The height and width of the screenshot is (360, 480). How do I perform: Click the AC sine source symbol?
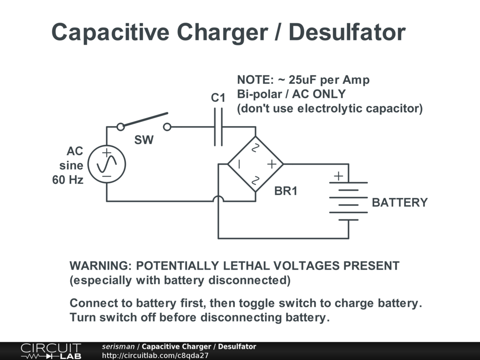point(106,164)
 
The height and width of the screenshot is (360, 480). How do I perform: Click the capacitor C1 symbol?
point(218,127)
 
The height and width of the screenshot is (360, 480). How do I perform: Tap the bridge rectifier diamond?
point(255,164)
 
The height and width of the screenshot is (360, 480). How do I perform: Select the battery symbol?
point(348,201)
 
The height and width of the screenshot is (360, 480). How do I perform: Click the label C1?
point(218,98)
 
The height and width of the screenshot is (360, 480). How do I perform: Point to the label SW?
point(144,140)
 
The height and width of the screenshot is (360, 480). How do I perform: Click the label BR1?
point(285,192)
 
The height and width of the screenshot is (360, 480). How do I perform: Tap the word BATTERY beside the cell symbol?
point(399,202)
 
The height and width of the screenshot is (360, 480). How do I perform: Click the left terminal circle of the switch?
point(120,127)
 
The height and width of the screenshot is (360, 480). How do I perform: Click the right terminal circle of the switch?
point(167,127)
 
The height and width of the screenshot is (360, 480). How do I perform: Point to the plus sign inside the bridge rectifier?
point(271,164)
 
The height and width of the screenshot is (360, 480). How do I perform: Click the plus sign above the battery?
point(338,176)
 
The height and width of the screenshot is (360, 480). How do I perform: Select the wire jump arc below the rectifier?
point(218,199)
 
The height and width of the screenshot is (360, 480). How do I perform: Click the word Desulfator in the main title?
point(338,32)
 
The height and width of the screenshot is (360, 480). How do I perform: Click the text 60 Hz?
point(68,180)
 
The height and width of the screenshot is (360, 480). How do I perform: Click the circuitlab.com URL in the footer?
point(155,355)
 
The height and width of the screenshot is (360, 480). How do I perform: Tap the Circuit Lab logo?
point(51,351)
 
